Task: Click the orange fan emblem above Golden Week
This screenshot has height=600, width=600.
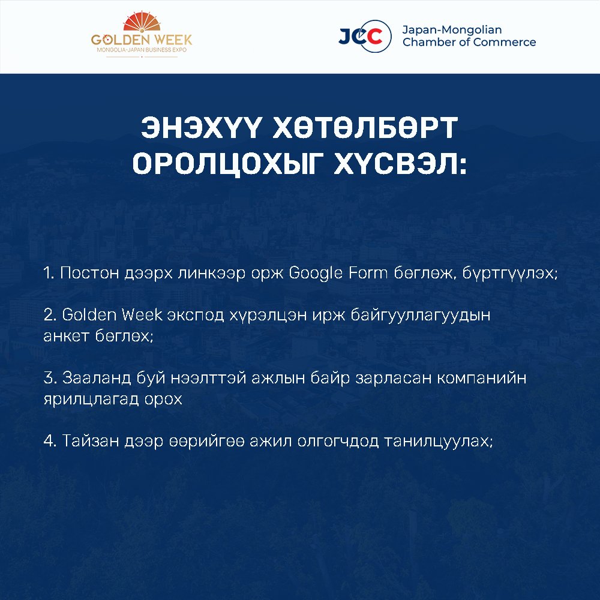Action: click(142, 22)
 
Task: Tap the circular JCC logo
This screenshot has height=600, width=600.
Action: click(365, 37)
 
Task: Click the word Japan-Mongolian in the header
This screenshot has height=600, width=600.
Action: click(452, 30)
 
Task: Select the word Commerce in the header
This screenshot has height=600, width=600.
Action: click(505, 42)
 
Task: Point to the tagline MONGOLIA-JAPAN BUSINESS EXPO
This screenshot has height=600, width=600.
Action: click(142, 50)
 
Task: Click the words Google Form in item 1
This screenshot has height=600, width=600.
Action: click(338, 274)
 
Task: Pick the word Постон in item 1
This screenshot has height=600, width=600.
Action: click(89, 274)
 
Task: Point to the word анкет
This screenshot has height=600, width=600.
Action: click(66, 337)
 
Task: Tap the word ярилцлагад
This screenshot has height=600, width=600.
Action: click(91, 400)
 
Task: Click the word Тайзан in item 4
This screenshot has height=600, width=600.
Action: click(91, 441)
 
